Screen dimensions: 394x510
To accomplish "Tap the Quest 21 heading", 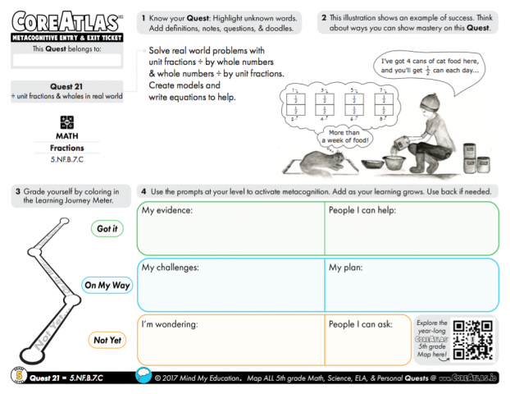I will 68,85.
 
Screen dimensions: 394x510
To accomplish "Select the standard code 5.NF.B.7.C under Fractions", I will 67,158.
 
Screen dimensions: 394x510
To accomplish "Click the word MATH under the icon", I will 67,136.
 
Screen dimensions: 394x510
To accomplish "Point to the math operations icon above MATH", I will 67,121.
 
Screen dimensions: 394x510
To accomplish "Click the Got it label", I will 107,229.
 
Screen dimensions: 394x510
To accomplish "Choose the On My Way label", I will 107,285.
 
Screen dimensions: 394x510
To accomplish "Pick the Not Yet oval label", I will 107,340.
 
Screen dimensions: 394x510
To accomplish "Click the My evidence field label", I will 167,211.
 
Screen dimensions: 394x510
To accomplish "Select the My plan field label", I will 348,268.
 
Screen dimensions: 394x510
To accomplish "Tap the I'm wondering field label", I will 171,324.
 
